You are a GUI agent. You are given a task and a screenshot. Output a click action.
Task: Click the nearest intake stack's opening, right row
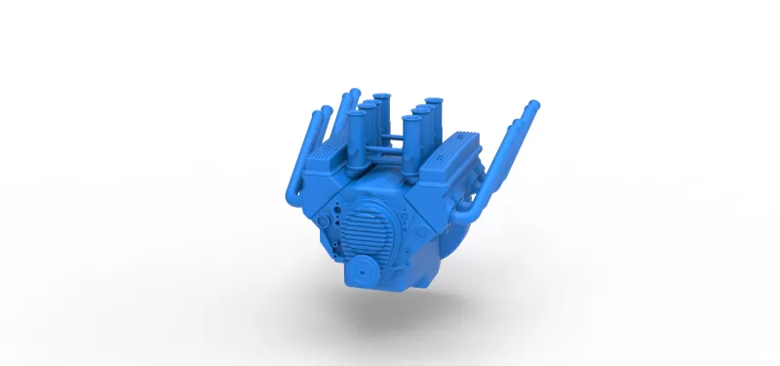point(410,120)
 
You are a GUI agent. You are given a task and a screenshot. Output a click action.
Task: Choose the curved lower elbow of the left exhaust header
point(292,195)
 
